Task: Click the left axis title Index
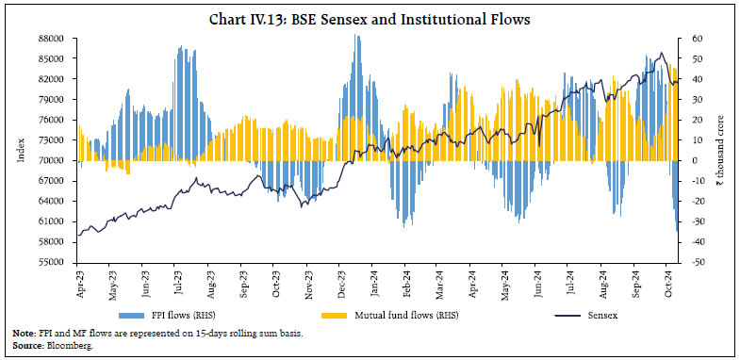coord(22,151)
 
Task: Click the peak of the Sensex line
coord(661,53)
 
